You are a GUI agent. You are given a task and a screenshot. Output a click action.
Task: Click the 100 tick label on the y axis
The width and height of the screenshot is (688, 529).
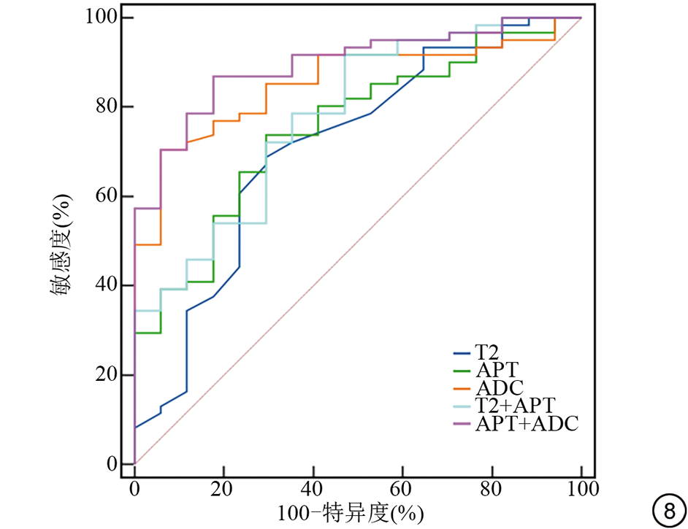point(99,18)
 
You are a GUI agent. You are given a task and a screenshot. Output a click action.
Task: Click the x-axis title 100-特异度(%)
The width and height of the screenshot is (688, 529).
point(350,513)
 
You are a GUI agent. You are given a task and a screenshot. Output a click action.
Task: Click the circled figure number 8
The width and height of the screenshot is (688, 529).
point(666,510)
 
